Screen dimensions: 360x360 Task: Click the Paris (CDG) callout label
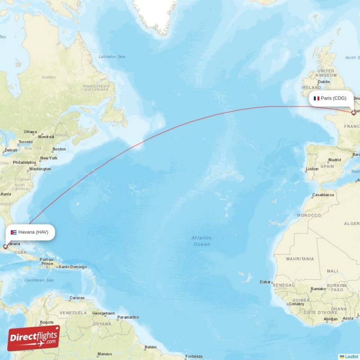(331, 98)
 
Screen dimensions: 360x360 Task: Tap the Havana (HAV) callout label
(30, 232)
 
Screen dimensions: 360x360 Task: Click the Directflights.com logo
(34, 338)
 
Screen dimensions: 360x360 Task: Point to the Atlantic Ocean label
(201, 241)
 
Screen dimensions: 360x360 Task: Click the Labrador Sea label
(112, 57)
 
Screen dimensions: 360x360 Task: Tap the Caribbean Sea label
(39, 280)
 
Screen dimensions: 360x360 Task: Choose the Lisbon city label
(312, 169)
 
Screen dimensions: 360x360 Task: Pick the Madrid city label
(334, 160)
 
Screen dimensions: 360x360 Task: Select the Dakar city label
(265, 282)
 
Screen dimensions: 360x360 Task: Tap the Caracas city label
(77, 298)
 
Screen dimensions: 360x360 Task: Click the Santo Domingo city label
(72, 266)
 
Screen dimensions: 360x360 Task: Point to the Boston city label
(59, 149)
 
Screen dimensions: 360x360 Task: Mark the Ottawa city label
(30, 132)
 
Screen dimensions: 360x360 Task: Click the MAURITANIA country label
(300, 259)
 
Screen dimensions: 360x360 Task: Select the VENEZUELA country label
(73, 313)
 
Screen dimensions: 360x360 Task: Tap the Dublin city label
(324, 82)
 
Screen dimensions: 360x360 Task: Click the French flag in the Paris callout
(316, 98)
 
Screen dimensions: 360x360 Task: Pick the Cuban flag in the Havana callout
(13, 232)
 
